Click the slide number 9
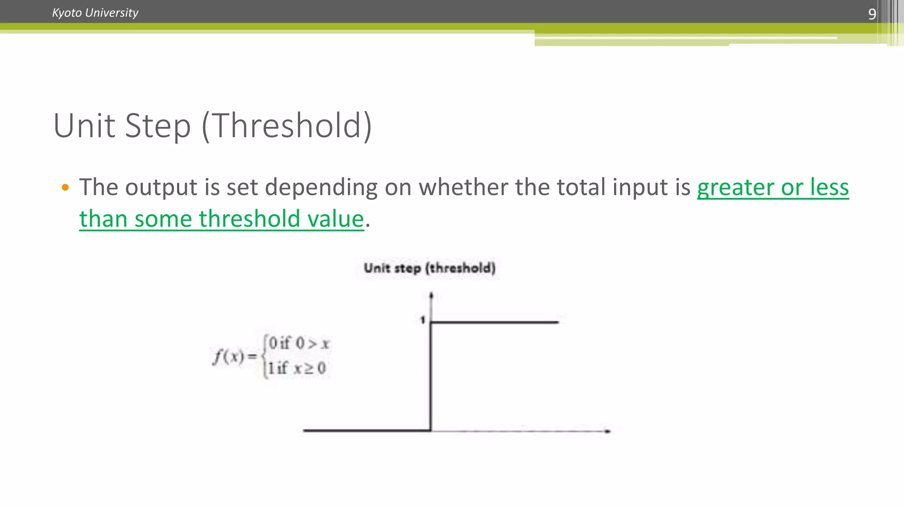[872, 14]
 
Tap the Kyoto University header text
[95, 13]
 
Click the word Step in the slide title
[158, 126]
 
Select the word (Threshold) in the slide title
[287, 126]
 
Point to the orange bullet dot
[65, 187]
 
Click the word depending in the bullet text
[321, 187]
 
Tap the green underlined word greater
[735, 187]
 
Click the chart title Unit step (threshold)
[429, 268]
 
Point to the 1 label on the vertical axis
[422, 320]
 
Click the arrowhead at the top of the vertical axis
[431, 295]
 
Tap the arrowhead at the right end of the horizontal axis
[608, 431]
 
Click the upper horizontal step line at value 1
[494, 322]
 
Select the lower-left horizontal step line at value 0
[366, 430]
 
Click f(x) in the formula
[229, 356]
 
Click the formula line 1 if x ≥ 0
[297, 368]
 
